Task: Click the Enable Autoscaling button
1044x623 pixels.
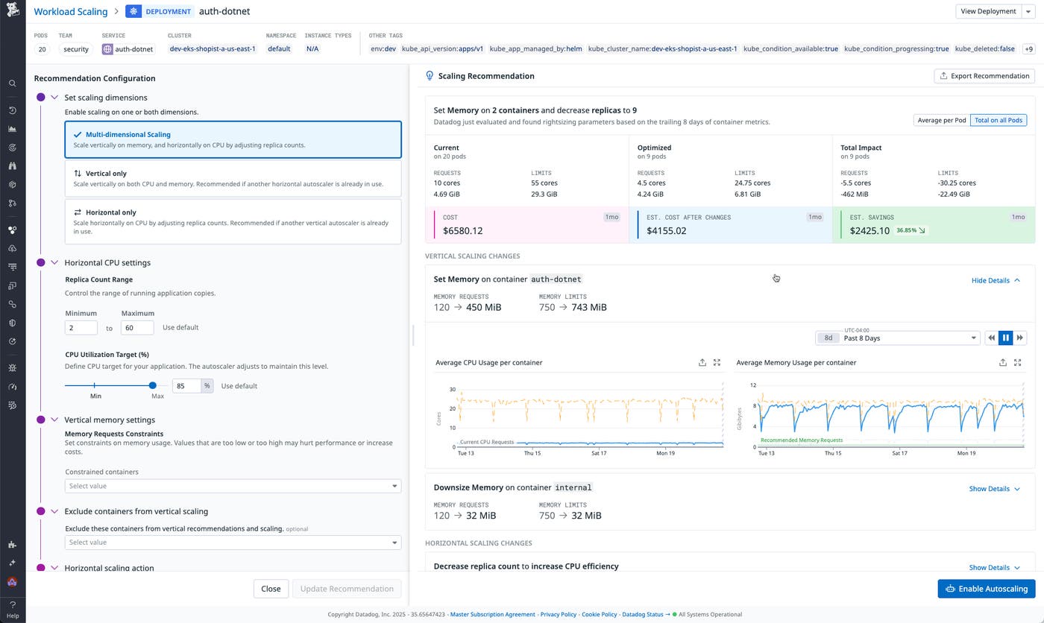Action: (x=986, y=589)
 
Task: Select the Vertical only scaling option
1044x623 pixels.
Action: (x=233, y=178)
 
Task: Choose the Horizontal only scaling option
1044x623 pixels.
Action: (x=233, y=221)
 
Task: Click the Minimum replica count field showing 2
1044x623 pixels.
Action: (x=81, y=327)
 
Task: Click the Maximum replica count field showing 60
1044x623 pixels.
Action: (x=136, y=327)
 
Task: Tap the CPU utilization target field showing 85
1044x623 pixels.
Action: (x=186, y=386)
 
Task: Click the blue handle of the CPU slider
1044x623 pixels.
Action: (x=153, y=385)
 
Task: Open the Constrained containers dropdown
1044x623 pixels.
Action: (x=233, y=486)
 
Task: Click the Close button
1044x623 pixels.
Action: (x=271, y=589)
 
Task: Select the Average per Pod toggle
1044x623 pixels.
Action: (x=941, y=121)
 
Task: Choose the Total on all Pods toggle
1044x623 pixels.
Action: (x=998, y=121)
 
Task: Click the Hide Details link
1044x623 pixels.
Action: (x=995, y=280)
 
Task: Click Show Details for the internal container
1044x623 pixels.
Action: (x=994, y=489)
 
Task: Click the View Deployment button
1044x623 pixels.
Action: (x=988, y=11)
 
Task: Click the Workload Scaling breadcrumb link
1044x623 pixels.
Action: (x=71, y=11)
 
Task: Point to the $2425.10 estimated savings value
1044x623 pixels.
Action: (x=870, y=231)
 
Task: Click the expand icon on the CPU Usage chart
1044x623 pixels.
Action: (x=717, y=362)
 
